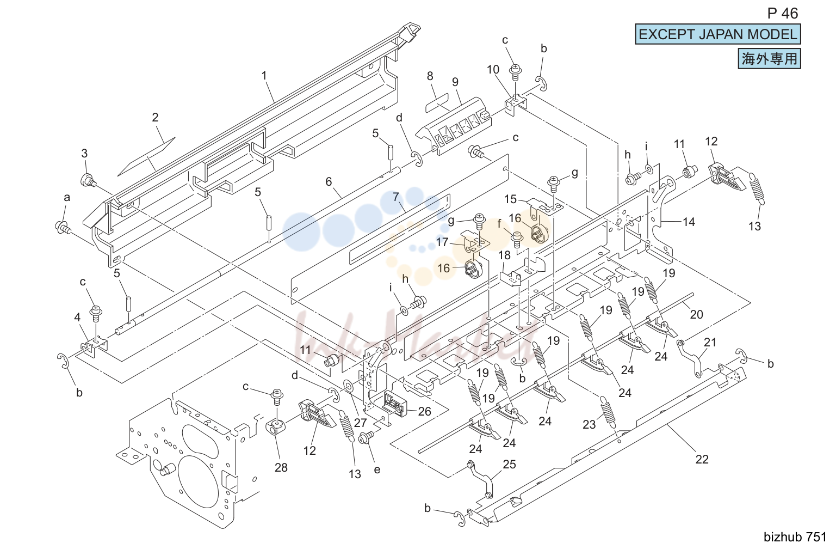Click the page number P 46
coord(782,14)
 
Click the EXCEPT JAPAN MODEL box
coord(717,34)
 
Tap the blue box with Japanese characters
coord(769,59)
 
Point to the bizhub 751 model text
coord(795,537)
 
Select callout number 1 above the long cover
coord(264,76)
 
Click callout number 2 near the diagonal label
coord(155,117)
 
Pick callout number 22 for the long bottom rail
coord(702,459)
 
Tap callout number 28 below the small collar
coord(281,467)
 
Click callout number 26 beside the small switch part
coord(424,411)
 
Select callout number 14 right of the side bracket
coord(689,222)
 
